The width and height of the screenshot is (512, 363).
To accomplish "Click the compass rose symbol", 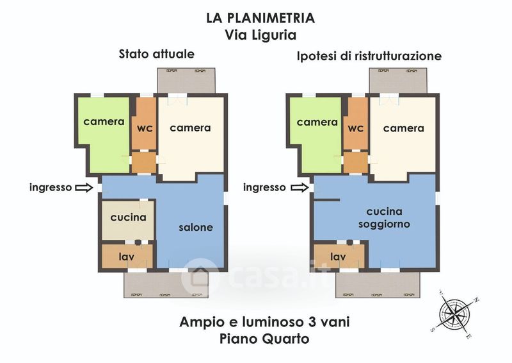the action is pyautogui.click(x=454, y=314).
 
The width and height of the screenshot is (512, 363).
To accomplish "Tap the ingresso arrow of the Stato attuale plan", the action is pyautogui.click(x=84, y=187).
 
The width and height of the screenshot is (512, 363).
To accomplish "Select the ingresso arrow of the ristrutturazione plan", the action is pyautogui.click(x=300, y=187).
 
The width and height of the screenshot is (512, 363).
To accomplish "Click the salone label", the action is pyautogui.click(x=196, y=228).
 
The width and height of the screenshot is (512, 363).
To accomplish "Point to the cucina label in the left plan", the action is pyautogui.click(x=129, y=217).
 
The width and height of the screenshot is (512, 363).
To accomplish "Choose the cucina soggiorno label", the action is pyautogui.click(x=385, y=217).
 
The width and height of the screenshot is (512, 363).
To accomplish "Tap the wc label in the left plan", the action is pyautogui.click(x=145, y=128).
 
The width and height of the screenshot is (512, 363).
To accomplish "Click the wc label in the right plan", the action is pyautogui.click(x=356, y=128).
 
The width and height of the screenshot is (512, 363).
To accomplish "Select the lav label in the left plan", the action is pyautogui.click(x=126, y=257).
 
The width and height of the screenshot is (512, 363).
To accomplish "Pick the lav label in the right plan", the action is pyautogui.click(x=338, y=257).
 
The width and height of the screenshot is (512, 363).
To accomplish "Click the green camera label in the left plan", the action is pyautogui.click(x=104, y=122).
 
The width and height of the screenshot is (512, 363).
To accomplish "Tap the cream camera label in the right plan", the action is pyautogui.click(x=404, y=128).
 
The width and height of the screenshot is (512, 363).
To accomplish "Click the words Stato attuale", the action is pyautogui.click(x=156, y=54).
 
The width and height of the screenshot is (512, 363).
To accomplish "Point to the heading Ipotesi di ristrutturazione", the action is pyautogui.click(x=369, y=56).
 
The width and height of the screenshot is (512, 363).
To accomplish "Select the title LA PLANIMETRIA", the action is pyautogui.click(x=260, y=18).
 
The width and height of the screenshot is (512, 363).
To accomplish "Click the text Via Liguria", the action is pyautogui.click(x=260, y=35).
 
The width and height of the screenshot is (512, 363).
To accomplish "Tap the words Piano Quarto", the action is pyautogui.click(x=264, y=339).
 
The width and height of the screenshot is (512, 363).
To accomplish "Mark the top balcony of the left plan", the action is pyautogui.click(x=186, y=81).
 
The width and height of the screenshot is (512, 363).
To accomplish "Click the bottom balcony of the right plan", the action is pyautogui.click(x=378, y=285).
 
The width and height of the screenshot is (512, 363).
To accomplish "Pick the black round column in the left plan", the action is pyautogui.click(x=138, y=242).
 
